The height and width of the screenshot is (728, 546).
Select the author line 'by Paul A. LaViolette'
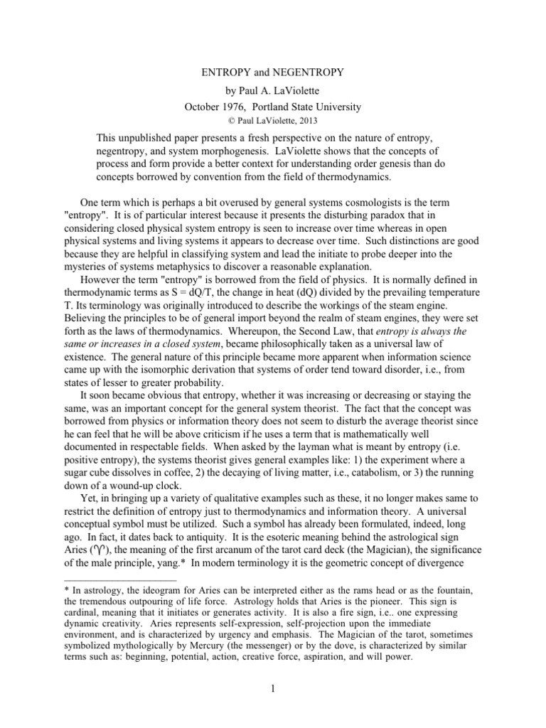pos(273,92)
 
